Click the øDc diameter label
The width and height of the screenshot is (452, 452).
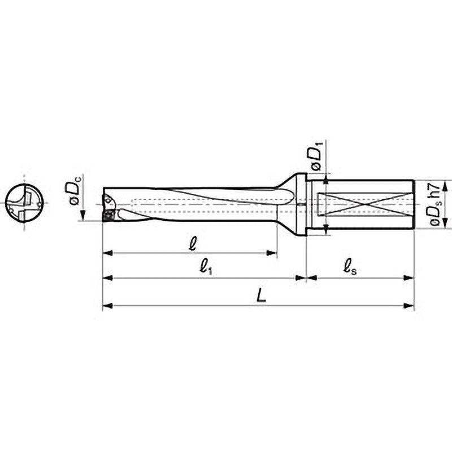pyautogui.click(x=75, y=190)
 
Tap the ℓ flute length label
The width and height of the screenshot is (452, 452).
pyautogui.click(x=193, y=244)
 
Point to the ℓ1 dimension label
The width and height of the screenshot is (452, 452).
pyautogui.click(x=206, y=267)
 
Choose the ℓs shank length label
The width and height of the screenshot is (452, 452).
pyautogui.click(x=350, y=267)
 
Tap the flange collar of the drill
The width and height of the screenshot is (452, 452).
pyautogui.click(x=302, y=205)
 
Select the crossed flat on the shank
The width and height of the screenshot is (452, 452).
pyautogui.click(x=365, y=204)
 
